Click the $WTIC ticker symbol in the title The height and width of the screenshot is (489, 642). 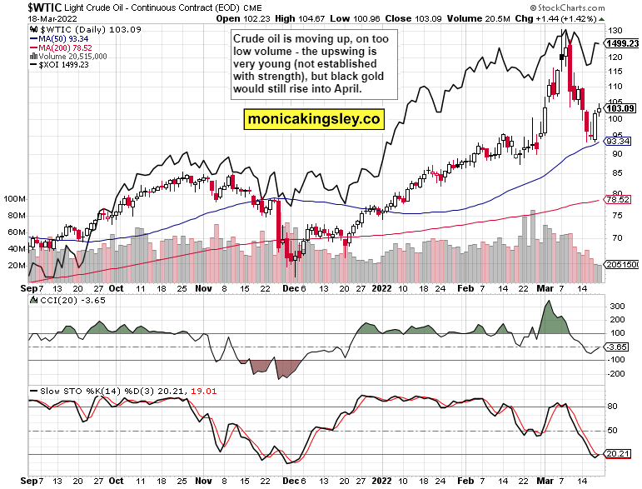[29, 7]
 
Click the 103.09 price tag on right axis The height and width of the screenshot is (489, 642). [621, 108]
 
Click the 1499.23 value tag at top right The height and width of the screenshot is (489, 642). [622, 43]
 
